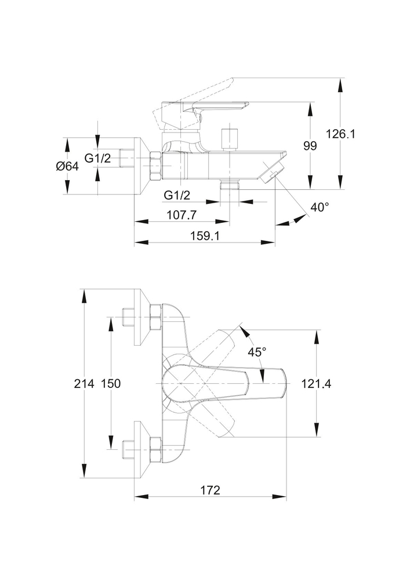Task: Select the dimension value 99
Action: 310,146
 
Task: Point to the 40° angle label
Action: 319,207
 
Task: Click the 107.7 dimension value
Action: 181,214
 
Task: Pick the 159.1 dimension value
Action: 204,236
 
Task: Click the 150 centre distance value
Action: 110,383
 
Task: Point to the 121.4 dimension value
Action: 317,383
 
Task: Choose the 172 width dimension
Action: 210,490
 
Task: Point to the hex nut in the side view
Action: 156,167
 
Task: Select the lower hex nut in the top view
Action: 155,448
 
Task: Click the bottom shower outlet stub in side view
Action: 230,186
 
